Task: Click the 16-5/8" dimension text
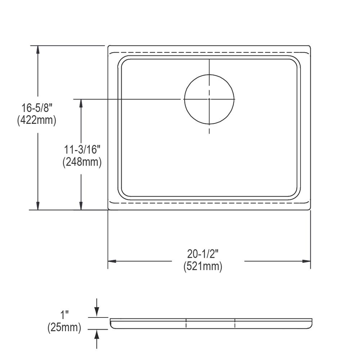(x=36, y=108)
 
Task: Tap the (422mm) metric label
(x=36, y=120)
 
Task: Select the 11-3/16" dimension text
(x=82, y=149)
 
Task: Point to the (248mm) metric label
(x=82, y=162)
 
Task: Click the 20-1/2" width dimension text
(x=203, y=254)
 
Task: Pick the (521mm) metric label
(x=203, y=267)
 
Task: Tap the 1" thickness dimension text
(x=64, y=315)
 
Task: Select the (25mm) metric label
(x=64, y=328)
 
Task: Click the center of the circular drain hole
(x=209, y=99)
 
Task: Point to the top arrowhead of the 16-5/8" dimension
(x=37, y=49)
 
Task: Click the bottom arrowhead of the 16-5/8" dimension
(x=37, y=206)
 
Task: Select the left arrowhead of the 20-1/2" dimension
(x=112, y=261)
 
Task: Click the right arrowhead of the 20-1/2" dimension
(x=306, y=261)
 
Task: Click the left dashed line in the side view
(x=186, y=323)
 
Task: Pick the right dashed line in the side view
(x=235, y=323)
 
